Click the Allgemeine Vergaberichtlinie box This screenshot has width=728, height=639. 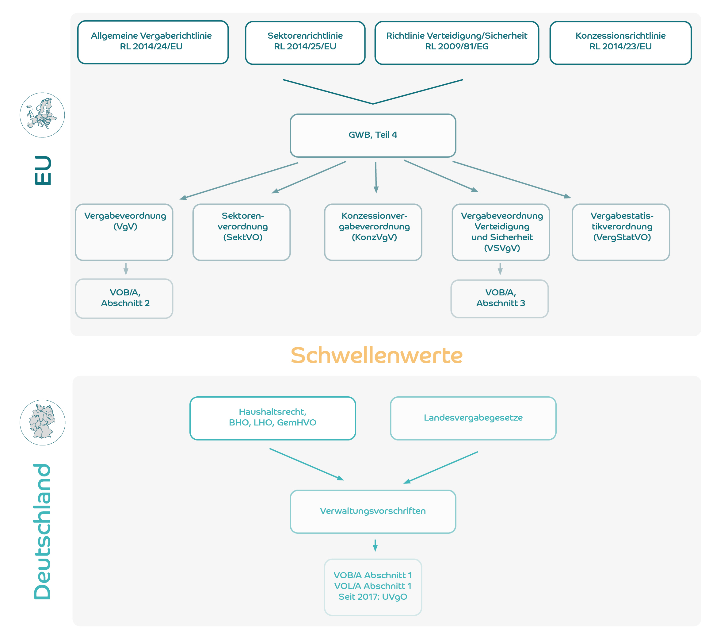153,42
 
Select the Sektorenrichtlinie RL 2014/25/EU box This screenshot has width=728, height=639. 305,43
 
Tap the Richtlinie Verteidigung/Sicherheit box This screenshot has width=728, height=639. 457,43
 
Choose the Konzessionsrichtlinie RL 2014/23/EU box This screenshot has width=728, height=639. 620,43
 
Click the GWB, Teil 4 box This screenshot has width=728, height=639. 373,135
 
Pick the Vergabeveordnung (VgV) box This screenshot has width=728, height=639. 124,232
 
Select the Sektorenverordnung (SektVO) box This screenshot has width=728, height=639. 242,232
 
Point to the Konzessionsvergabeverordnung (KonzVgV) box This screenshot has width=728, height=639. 373,232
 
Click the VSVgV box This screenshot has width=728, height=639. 501,232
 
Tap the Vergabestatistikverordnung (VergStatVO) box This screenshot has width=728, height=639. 621,232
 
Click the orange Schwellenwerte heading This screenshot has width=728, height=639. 376,356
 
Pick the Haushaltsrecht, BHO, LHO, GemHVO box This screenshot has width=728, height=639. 273,418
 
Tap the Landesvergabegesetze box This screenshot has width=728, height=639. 473,418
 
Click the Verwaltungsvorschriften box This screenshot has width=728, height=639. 373,512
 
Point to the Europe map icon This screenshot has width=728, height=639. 42,115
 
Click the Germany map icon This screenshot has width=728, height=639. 42,423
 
